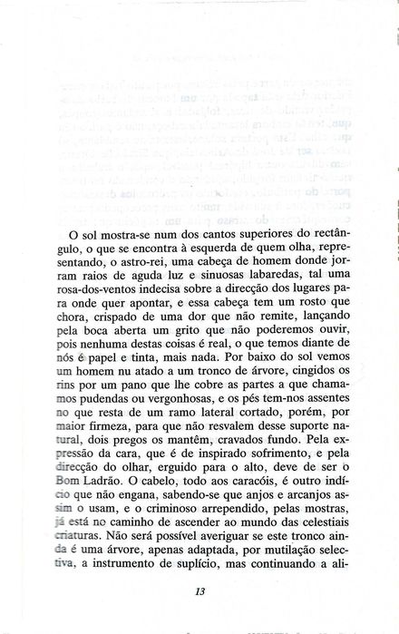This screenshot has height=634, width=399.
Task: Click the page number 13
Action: point(200,592)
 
